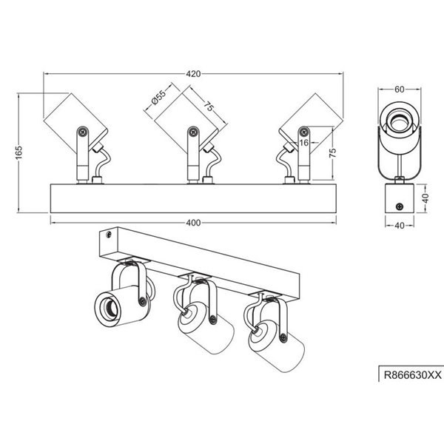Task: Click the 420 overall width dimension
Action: coord(194,74)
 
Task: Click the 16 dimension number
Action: coord(303,142)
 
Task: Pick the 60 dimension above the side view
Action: coord(400,90)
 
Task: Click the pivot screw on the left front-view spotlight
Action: coord(83,132)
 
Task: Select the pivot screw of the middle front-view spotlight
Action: coord(193,132)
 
